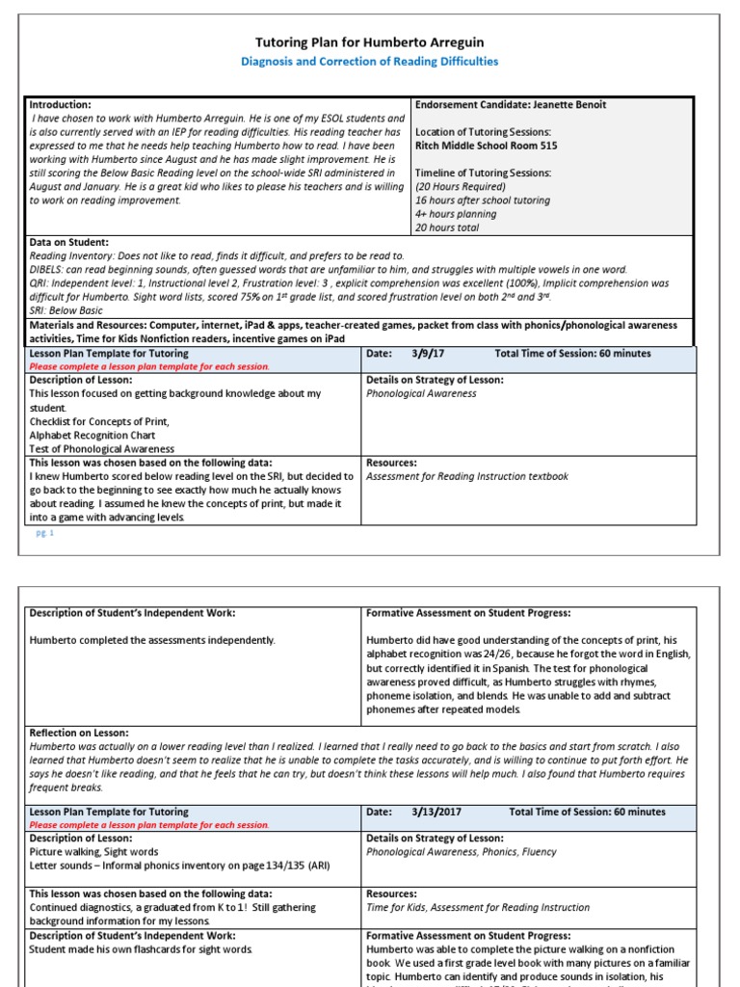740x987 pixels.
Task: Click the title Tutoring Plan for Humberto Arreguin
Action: [369, 42]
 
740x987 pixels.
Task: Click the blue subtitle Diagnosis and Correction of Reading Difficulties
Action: [369, 62]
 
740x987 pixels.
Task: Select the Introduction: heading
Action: [61, 104]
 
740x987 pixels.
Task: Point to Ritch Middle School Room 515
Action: [486, 146]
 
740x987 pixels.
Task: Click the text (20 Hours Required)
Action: [460, 187]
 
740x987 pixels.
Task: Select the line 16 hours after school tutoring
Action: [482, 200]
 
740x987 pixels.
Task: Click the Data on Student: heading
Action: [68, 242]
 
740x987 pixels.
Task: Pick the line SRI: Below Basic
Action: [66, 310]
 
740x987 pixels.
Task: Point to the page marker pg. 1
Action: [45, 532]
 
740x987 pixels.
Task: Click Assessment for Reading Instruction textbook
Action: [467, 476]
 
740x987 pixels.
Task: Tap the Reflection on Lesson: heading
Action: [79, 733]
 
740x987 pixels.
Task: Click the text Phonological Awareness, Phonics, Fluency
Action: [462, 852]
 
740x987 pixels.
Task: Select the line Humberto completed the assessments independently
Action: [152, 640]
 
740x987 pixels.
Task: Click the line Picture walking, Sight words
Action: [94, 852]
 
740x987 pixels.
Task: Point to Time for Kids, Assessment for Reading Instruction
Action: [478, 907]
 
